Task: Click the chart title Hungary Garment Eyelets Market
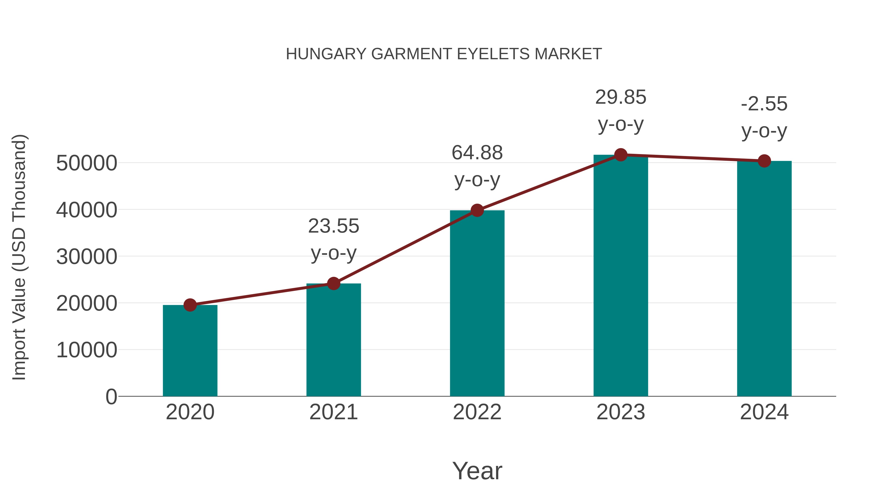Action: [444, 54]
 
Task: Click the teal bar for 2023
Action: [621, 276]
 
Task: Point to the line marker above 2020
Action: [190, 305]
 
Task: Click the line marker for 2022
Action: [477, 210]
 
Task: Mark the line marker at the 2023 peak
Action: [621, 155]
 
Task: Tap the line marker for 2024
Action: [764, 161]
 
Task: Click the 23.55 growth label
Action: [333, 226]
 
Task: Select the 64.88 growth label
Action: [477, 153]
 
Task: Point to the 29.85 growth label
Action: [621, 97]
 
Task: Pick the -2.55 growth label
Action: [764, 104]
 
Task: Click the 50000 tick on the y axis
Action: [87, 163]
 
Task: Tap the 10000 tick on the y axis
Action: [87, 350]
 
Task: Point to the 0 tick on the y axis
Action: [111, 397]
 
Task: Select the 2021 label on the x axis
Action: [333, 412]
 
